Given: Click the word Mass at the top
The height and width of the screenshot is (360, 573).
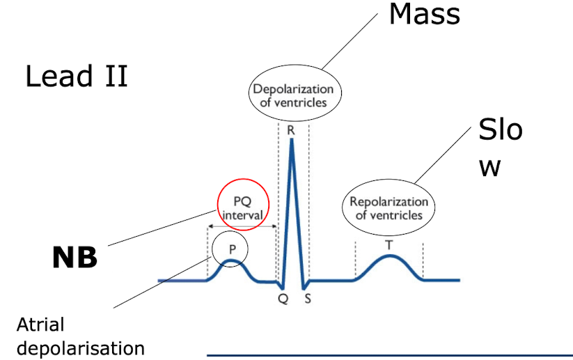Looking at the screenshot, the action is point(424,14).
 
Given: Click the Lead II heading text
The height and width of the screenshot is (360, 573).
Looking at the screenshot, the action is point(77,75).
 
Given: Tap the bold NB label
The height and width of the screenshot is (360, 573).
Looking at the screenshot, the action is point(74,258).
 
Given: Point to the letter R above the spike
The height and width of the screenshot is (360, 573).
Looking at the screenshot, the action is point(290,130).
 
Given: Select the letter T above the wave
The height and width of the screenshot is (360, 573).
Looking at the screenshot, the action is point(388,244).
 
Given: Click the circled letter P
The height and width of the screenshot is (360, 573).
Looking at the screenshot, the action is point(233,249).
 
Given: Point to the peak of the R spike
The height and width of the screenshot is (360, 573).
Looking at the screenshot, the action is point(291,140).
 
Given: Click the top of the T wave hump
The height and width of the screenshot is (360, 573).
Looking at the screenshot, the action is point(389,256).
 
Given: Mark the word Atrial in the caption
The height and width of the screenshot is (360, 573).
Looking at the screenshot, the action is point(40,324).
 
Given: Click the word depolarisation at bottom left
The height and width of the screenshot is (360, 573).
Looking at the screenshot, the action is point(81,347).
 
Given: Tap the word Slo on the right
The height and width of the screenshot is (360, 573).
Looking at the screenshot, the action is point(500,130).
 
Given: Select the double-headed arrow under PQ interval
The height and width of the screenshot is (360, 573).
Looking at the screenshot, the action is point(242,226).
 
